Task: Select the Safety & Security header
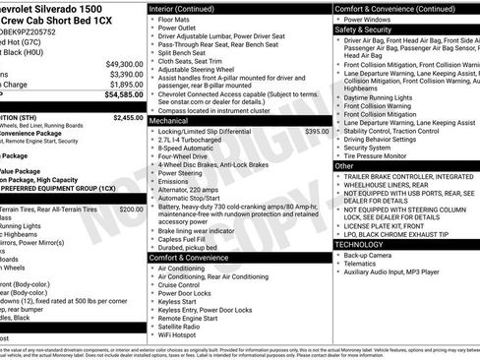(362, 30)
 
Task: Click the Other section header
(344, 166)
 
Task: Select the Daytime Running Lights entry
(385, 97)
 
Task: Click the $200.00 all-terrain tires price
(131, 209)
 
